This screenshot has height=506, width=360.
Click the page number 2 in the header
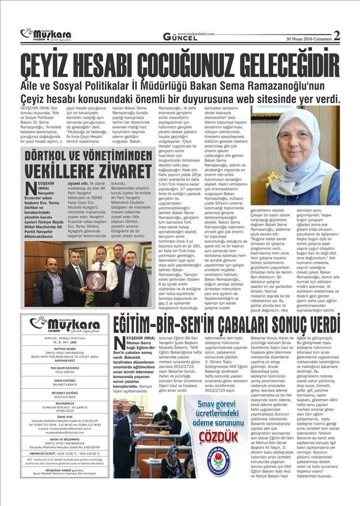(337, 36)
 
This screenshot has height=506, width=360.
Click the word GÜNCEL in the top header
(181, 38)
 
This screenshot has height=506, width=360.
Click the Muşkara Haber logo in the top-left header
(46, 35)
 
